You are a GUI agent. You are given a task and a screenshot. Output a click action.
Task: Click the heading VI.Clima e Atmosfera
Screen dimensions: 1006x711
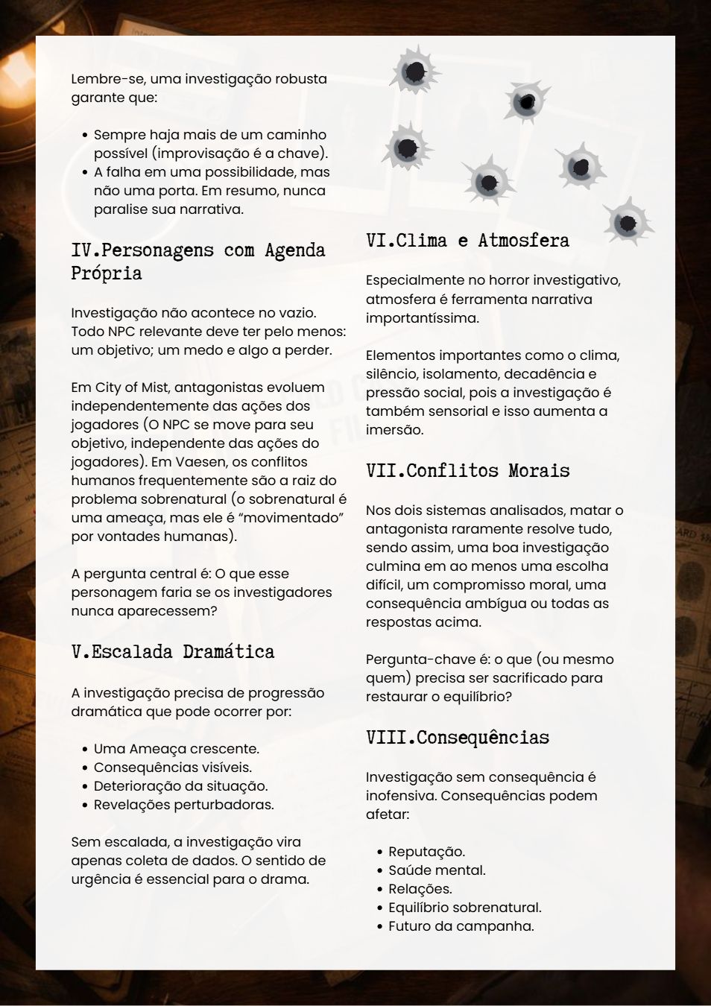467,241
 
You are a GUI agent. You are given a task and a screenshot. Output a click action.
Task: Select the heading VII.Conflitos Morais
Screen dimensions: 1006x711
467,471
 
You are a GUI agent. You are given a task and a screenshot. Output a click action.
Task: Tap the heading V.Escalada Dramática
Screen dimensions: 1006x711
173,652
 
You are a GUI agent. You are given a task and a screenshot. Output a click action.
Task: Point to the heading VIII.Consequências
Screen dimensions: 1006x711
458,738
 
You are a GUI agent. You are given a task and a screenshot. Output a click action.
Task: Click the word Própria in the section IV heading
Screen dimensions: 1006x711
107,273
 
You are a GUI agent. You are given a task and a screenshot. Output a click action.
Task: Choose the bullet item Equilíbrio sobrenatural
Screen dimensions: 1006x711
464,908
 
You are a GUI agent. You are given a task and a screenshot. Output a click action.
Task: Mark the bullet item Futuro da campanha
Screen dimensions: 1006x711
461,926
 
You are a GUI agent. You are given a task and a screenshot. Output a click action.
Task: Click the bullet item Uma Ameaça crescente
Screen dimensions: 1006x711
176,749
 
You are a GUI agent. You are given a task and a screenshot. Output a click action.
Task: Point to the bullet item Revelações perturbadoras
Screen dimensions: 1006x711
183,805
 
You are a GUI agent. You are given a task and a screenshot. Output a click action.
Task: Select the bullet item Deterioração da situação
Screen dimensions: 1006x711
180,786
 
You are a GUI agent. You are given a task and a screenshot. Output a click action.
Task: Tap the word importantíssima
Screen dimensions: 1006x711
421,318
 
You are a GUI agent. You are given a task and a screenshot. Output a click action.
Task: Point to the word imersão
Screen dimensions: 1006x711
394,430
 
